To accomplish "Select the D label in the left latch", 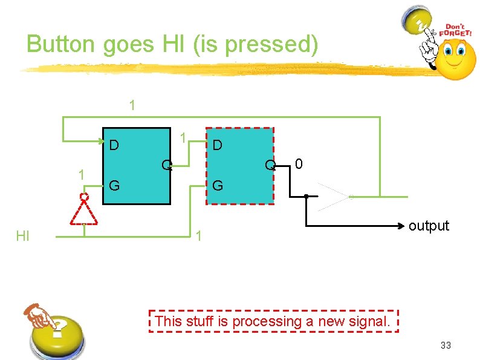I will [x=113, y=145].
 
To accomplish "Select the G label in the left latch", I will [x=113, y=185].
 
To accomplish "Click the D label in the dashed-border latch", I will [x=217, y=145].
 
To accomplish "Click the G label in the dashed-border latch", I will [x=218, y=185].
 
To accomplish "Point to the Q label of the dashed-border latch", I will [x=270, y=165].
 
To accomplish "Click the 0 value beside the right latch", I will [x=299, y=163].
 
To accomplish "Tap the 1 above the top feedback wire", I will [x=132, y=105].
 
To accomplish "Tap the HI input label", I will [x=22, y=235].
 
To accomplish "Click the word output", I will [x=429, y=226].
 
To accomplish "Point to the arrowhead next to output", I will [x=400, y=226].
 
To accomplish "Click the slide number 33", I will [x=446, y=345].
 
